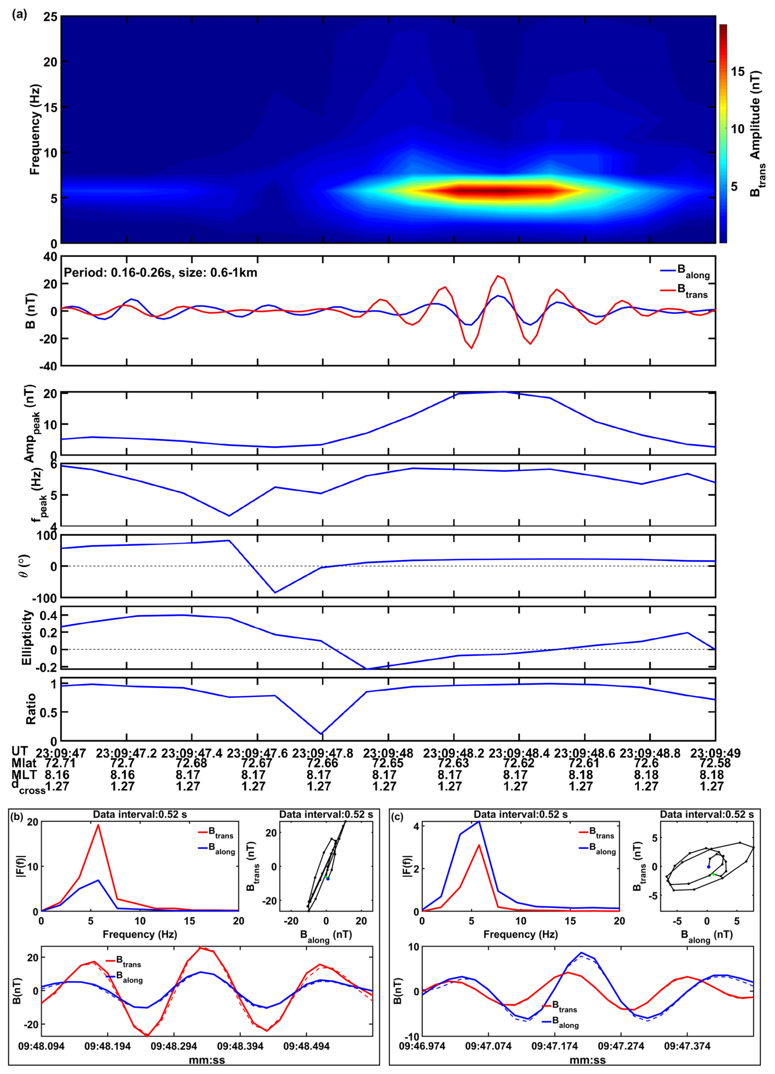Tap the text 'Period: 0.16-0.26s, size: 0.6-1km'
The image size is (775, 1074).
160,273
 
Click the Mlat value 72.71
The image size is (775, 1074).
61,763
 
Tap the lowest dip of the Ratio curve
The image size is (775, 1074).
322,734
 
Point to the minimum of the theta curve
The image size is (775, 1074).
275,592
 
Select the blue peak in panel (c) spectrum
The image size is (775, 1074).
480,821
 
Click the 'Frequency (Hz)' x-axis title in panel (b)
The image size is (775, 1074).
140,934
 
